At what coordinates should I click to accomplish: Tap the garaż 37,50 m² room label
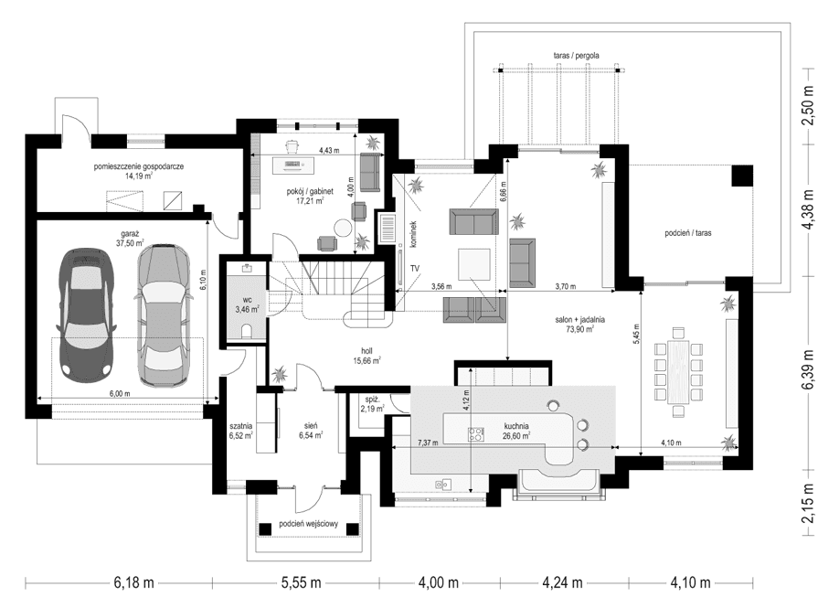[131, 239]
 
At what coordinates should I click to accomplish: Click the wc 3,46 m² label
[247, 304]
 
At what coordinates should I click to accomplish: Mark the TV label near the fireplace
[414, 267]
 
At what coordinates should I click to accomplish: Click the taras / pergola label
[576, 56]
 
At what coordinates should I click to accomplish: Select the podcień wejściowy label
[309, 524]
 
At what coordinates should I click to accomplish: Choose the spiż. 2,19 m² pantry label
[372, 404]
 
